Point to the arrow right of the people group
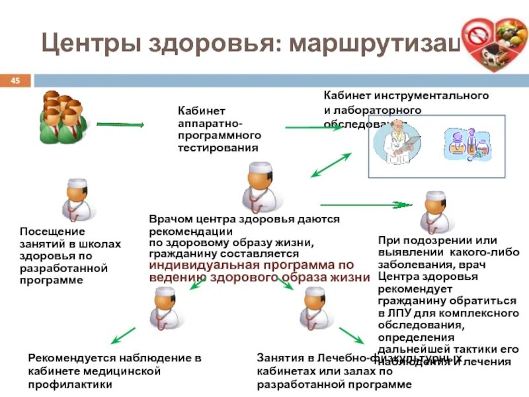(x=120, y=124)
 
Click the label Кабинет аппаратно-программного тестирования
(x=219, y=129)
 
